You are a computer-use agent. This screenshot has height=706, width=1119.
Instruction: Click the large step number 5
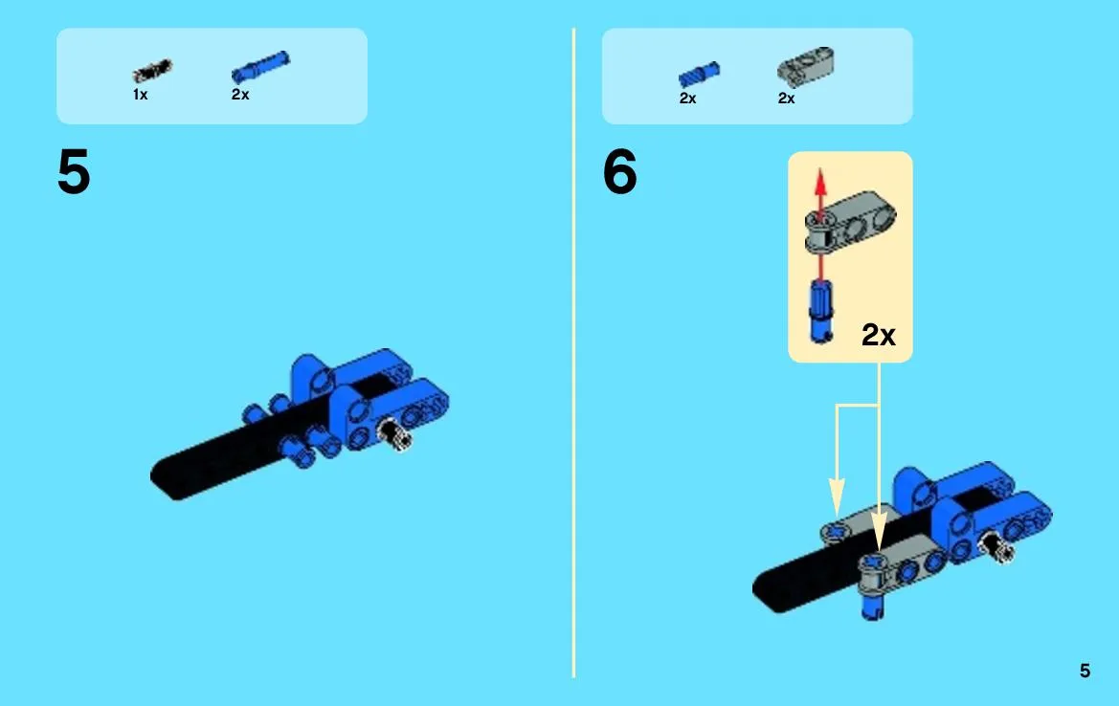pos(74,172)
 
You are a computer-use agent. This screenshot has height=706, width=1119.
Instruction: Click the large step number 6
pos(619,172)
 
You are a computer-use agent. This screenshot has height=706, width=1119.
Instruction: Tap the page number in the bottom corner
pos(1085,671)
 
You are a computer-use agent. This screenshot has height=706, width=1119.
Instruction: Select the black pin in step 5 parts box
pos(152,71)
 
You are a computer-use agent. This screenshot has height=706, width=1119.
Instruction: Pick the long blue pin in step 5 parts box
pos(260,67)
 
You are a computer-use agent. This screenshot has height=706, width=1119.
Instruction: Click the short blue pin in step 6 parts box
pos(700,75)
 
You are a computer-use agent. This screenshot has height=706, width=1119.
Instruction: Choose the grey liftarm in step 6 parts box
pos(805,66)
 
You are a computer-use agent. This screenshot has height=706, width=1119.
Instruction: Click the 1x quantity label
pos(140,94)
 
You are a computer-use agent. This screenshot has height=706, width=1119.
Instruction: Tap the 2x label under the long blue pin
pos(240,94)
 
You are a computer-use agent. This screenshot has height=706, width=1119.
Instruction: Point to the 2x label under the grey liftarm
pos(787,99)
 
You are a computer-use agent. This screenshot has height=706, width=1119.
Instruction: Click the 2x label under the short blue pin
pos(688,99)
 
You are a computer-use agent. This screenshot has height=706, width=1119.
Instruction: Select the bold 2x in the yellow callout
pos(879,335)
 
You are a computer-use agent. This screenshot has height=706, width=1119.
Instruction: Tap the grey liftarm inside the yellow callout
pos(850,220)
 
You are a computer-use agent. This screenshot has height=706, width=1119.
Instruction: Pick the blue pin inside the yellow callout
pos(820,311)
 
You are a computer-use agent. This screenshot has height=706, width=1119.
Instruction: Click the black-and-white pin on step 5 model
pos(394,432)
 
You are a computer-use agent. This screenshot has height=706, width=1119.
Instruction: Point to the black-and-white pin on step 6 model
pos(997,546)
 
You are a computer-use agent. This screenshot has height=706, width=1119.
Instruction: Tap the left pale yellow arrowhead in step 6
pos(837,495)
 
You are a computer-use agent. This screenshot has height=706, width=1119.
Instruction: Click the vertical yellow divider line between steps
pos(573,352)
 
